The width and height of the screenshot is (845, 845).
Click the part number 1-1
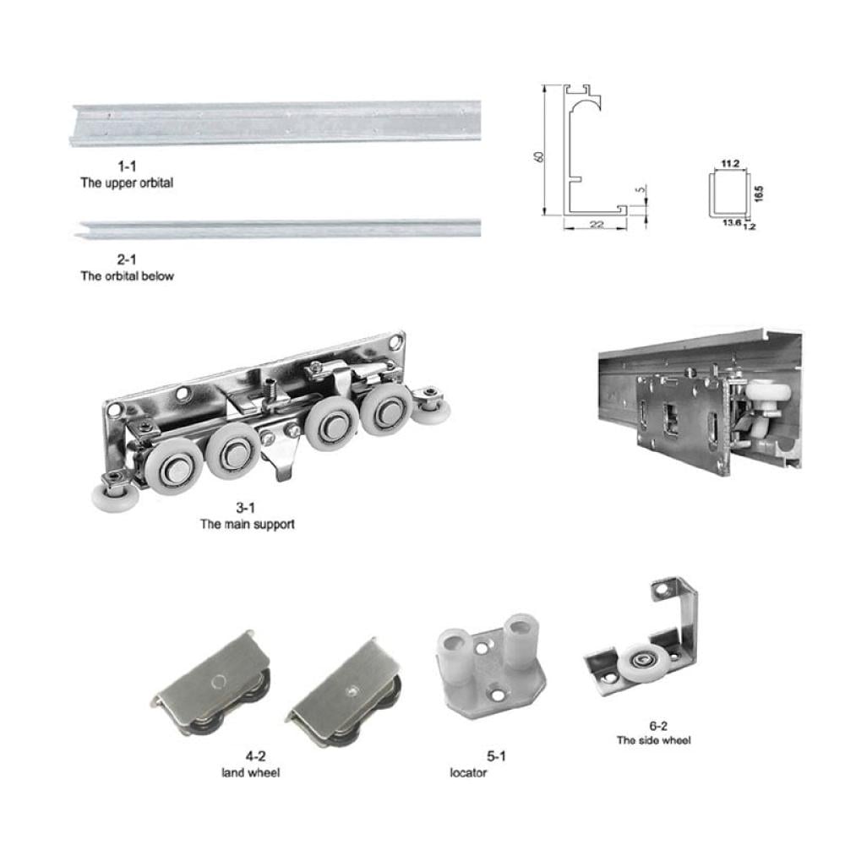(x=127, y=166)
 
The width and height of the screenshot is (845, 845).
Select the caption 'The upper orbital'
(x=127, y=183)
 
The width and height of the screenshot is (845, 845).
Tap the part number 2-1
(x=127, y=259)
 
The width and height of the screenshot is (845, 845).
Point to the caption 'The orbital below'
(x=128, y=276)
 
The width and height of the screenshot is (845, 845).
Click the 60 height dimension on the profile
(x=537, y=156)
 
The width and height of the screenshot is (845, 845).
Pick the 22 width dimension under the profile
(x=596, y=224)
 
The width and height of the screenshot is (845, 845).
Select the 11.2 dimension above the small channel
(x=730, y=164)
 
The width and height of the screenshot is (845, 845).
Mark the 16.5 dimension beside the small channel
(x=759, y=194)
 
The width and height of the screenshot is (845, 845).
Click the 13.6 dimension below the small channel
(x=731, y=222)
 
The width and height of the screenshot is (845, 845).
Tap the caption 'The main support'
(x=248, y=524)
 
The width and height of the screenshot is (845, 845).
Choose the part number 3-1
(x=245, y=508)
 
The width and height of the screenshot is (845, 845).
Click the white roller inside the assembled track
(x=764, y=398)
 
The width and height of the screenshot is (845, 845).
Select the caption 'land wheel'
(x=251, y=773)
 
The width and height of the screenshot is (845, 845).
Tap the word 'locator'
(x=468, y=773)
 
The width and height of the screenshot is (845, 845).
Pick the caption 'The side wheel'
(x=654, y=740)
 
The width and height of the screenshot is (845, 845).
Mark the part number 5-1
(x=496, y=756)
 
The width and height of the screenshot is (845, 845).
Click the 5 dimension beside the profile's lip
(x=641, y=190)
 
